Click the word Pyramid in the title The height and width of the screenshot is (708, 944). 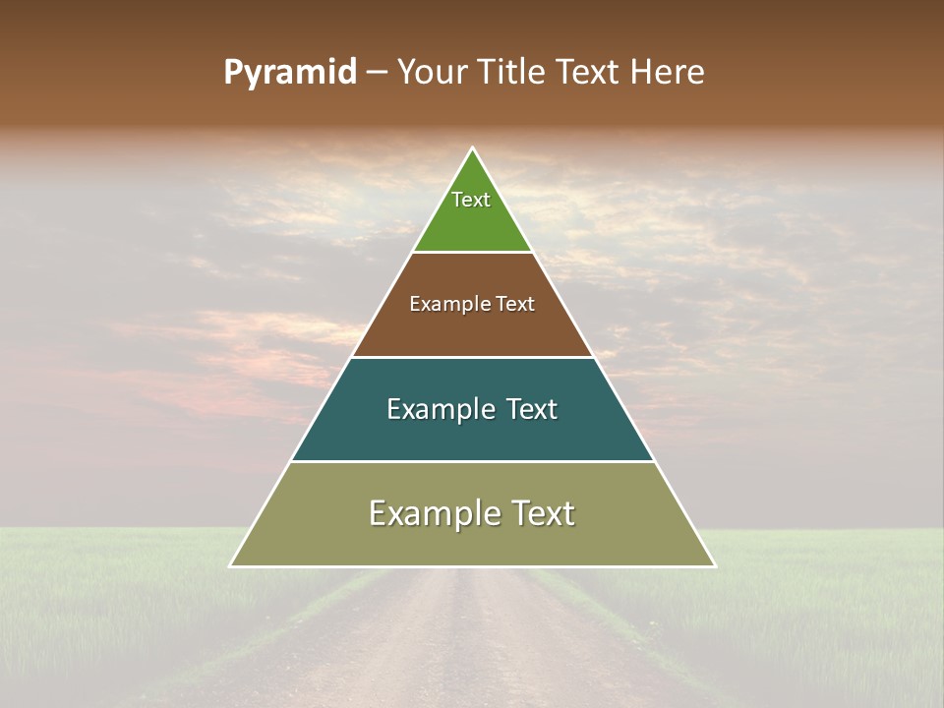[x=290, y=73]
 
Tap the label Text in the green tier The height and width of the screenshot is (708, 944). [x=471, y=200]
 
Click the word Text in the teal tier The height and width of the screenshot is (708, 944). [x=532, y=410]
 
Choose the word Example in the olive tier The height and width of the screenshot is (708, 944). [x=430, y=513]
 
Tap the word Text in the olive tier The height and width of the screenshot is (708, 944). [x=542, y=513]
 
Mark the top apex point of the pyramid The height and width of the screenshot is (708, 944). [x=472, y=148]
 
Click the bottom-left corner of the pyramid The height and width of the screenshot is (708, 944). [x=231, y=565]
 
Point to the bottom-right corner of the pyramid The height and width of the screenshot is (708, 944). [x=714, y=565]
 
